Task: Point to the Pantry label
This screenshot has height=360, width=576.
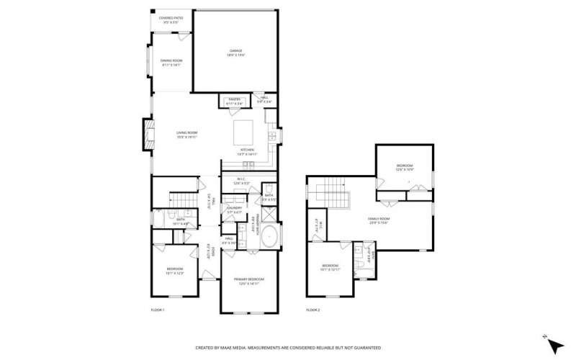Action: point(234,101)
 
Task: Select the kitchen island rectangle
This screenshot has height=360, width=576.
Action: point(243,133)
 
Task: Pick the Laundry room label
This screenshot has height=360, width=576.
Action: point(234,210)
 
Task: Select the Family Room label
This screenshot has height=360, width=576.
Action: point(379,220)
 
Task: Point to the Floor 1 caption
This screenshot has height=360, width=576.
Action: point(158,310)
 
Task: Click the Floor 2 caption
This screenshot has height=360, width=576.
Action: point(312,310)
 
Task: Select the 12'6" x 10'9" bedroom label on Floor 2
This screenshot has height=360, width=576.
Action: point(404,168)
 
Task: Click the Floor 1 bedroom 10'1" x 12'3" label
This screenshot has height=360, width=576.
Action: point(175,271)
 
